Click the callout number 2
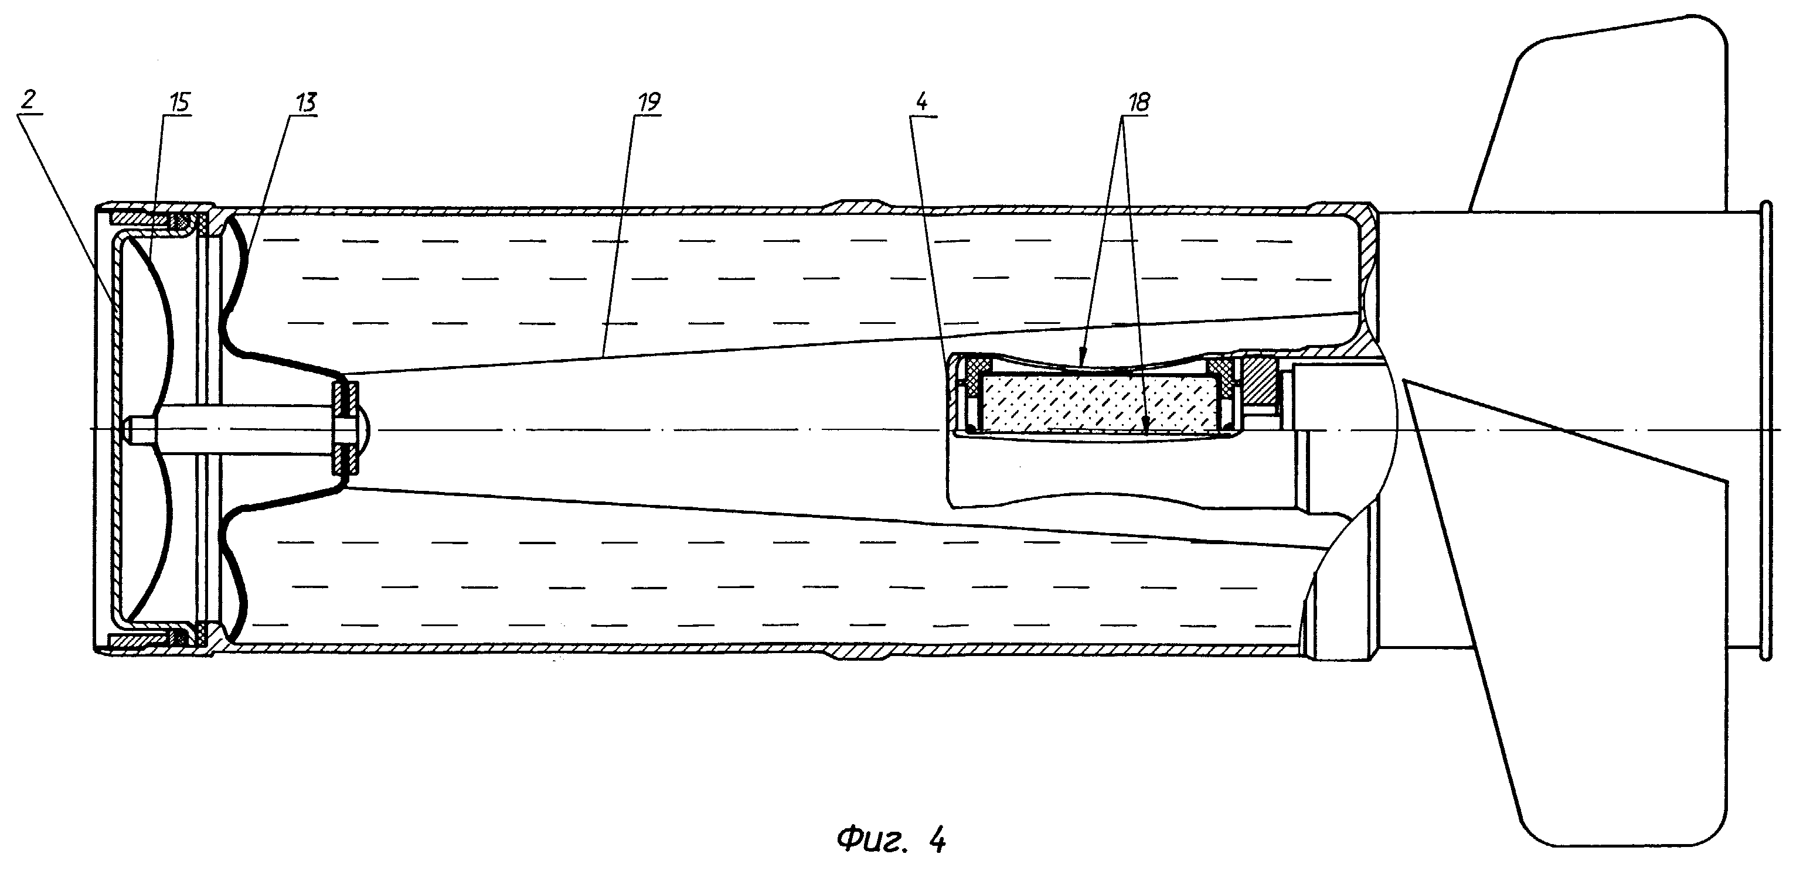29,101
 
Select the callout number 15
179,104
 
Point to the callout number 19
649,103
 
